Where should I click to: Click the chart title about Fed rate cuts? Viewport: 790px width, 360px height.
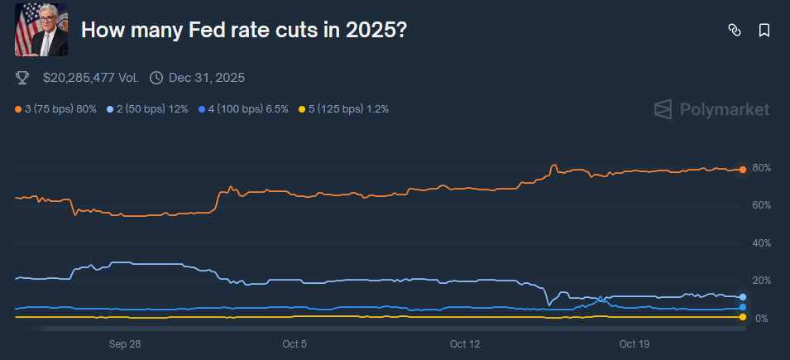[x=244, y=30]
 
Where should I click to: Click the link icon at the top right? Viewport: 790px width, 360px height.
[x=734, y=30]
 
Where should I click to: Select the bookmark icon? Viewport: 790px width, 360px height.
[x=764, y=30]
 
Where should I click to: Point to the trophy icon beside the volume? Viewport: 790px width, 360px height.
[x=22, y=78]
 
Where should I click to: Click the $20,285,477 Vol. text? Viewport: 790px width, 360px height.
[x=91, y=78]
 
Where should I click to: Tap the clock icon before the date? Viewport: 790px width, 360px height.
[x=156, y=78]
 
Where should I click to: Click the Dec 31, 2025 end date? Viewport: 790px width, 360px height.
[x=206, y=78]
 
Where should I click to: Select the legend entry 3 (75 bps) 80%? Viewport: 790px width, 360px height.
[x=56, y=108]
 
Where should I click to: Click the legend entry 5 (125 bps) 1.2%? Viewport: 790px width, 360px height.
[x=342, y=108]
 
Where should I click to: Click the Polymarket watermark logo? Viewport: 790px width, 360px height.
[x=711, y=109]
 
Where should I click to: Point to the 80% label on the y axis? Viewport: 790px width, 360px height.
[x=761, y=168]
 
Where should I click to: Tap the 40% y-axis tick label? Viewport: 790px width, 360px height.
[x=761, y=243]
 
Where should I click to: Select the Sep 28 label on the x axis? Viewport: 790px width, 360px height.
[x=124, y=343]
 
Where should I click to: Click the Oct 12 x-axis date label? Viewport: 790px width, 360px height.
[x=465, y=343]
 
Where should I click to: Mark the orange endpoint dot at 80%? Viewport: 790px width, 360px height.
[x=743, y=170]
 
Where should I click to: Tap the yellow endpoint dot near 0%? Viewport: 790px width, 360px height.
[x=743, y=317]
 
